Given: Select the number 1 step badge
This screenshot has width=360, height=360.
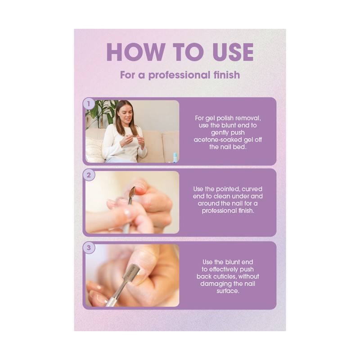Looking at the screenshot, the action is coord(89,103).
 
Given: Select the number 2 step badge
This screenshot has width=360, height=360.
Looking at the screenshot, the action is coord(89,175).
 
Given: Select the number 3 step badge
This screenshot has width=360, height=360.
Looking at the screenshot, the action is coord(89,247).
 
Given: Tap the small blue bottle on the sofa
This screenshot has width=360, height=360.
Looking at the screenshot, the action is coord(175,157).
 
